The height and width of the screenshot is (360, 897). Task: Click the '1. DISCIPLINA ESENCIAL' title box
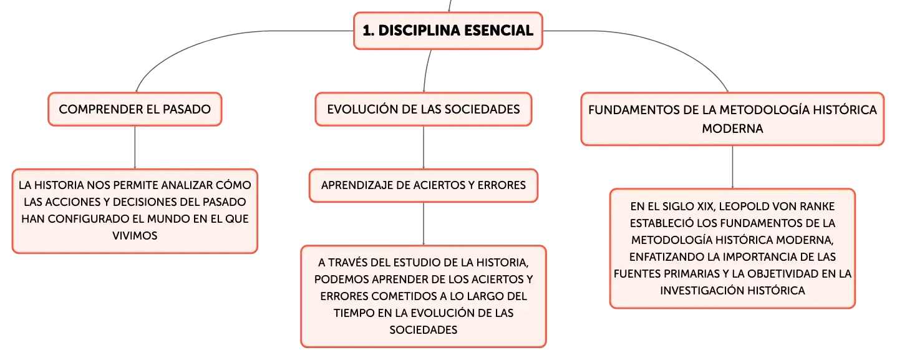(448, 31)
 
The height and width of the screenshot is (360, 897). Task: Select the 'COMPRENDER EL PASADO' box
(135, 109)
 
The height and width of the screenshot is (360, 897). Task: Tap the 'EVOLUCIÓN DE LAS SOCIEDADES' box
(424, 109)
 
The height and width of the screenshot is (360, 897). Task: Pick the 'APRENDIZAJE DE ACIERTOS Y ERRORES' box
(424, 185)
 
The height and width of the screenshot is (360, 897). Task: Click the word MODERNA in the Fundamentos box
(732, 129)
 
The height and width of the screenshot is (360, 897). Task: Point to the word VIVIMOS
(135, 235)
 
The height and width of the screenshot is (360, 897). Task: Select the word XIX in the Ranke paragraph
(705, 207)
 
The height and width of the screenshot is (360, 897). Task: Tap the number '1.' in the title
(369, 31)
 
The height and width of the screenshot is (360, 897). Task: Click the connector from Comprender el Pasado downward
(135, 147)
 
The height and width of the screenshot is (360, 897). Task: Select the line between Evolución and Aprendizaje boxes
(424, 147)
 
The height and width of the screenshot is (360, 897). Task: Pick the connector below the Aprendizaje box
(424, 224)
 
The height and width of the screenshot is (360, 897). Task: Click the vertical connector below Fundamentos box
(732, 167)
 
